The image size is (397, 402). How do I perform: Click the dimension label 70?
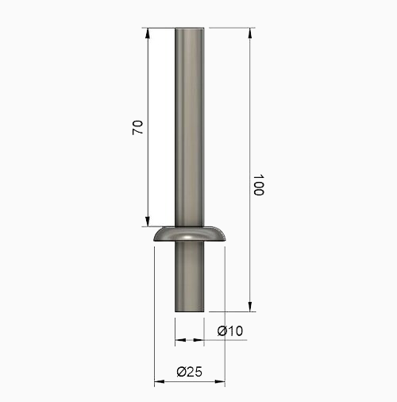coord(137,127)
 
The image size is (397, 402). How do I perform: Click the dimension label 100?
coord(259,185)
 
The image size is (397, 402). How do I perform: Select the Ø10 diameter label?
coord(229,331)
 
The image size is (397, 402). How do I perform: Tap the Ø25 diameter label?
coord(189,372)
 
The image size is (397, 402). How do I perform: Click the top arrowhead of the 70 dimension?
coord(148,33)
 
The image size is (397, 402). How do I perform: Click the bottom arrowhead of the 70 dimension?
coord(148,222)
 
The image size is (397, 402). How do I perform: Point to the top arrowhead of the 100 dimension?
coord(250,33)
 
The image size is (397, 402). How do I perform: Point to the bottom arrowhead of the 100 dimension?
coord(250,307)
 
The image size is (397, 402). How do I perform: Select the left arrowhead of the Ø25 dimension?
coord(160,381)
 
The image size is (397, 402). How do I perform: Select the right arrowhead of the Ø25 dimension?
coord(220,381)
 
